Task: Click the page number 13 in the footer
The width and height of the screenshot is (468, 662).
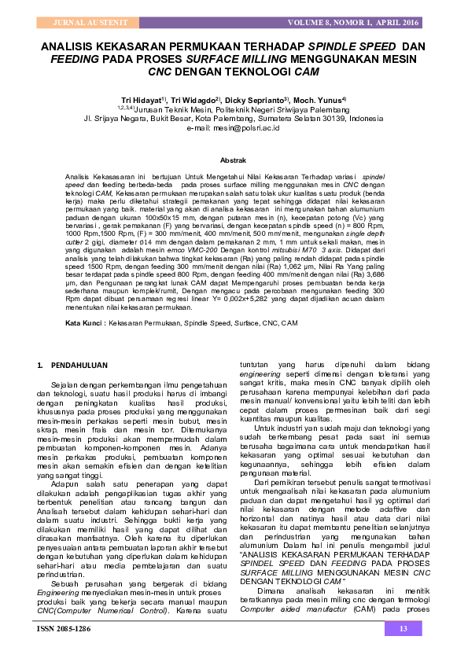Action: pyautogui.click(x=404, y=628)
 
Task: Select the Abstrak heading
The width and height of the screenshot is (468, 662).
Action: pyautogui.click(x=233, y=160)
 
